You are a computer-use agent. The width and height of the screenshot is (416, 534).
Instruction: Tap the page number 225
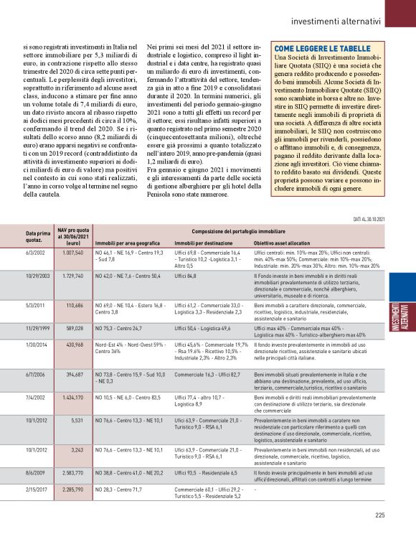pos(380,514)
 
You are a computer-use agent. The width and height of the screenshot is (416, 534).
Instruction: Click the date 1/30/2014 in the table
pos(37,345)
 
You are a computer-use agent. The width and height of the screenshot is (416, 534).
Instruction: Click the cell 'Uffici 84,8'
pos(188,276)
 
